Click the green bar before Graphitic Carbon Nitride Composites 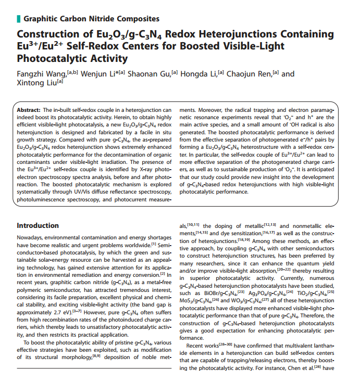[19, 19]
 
